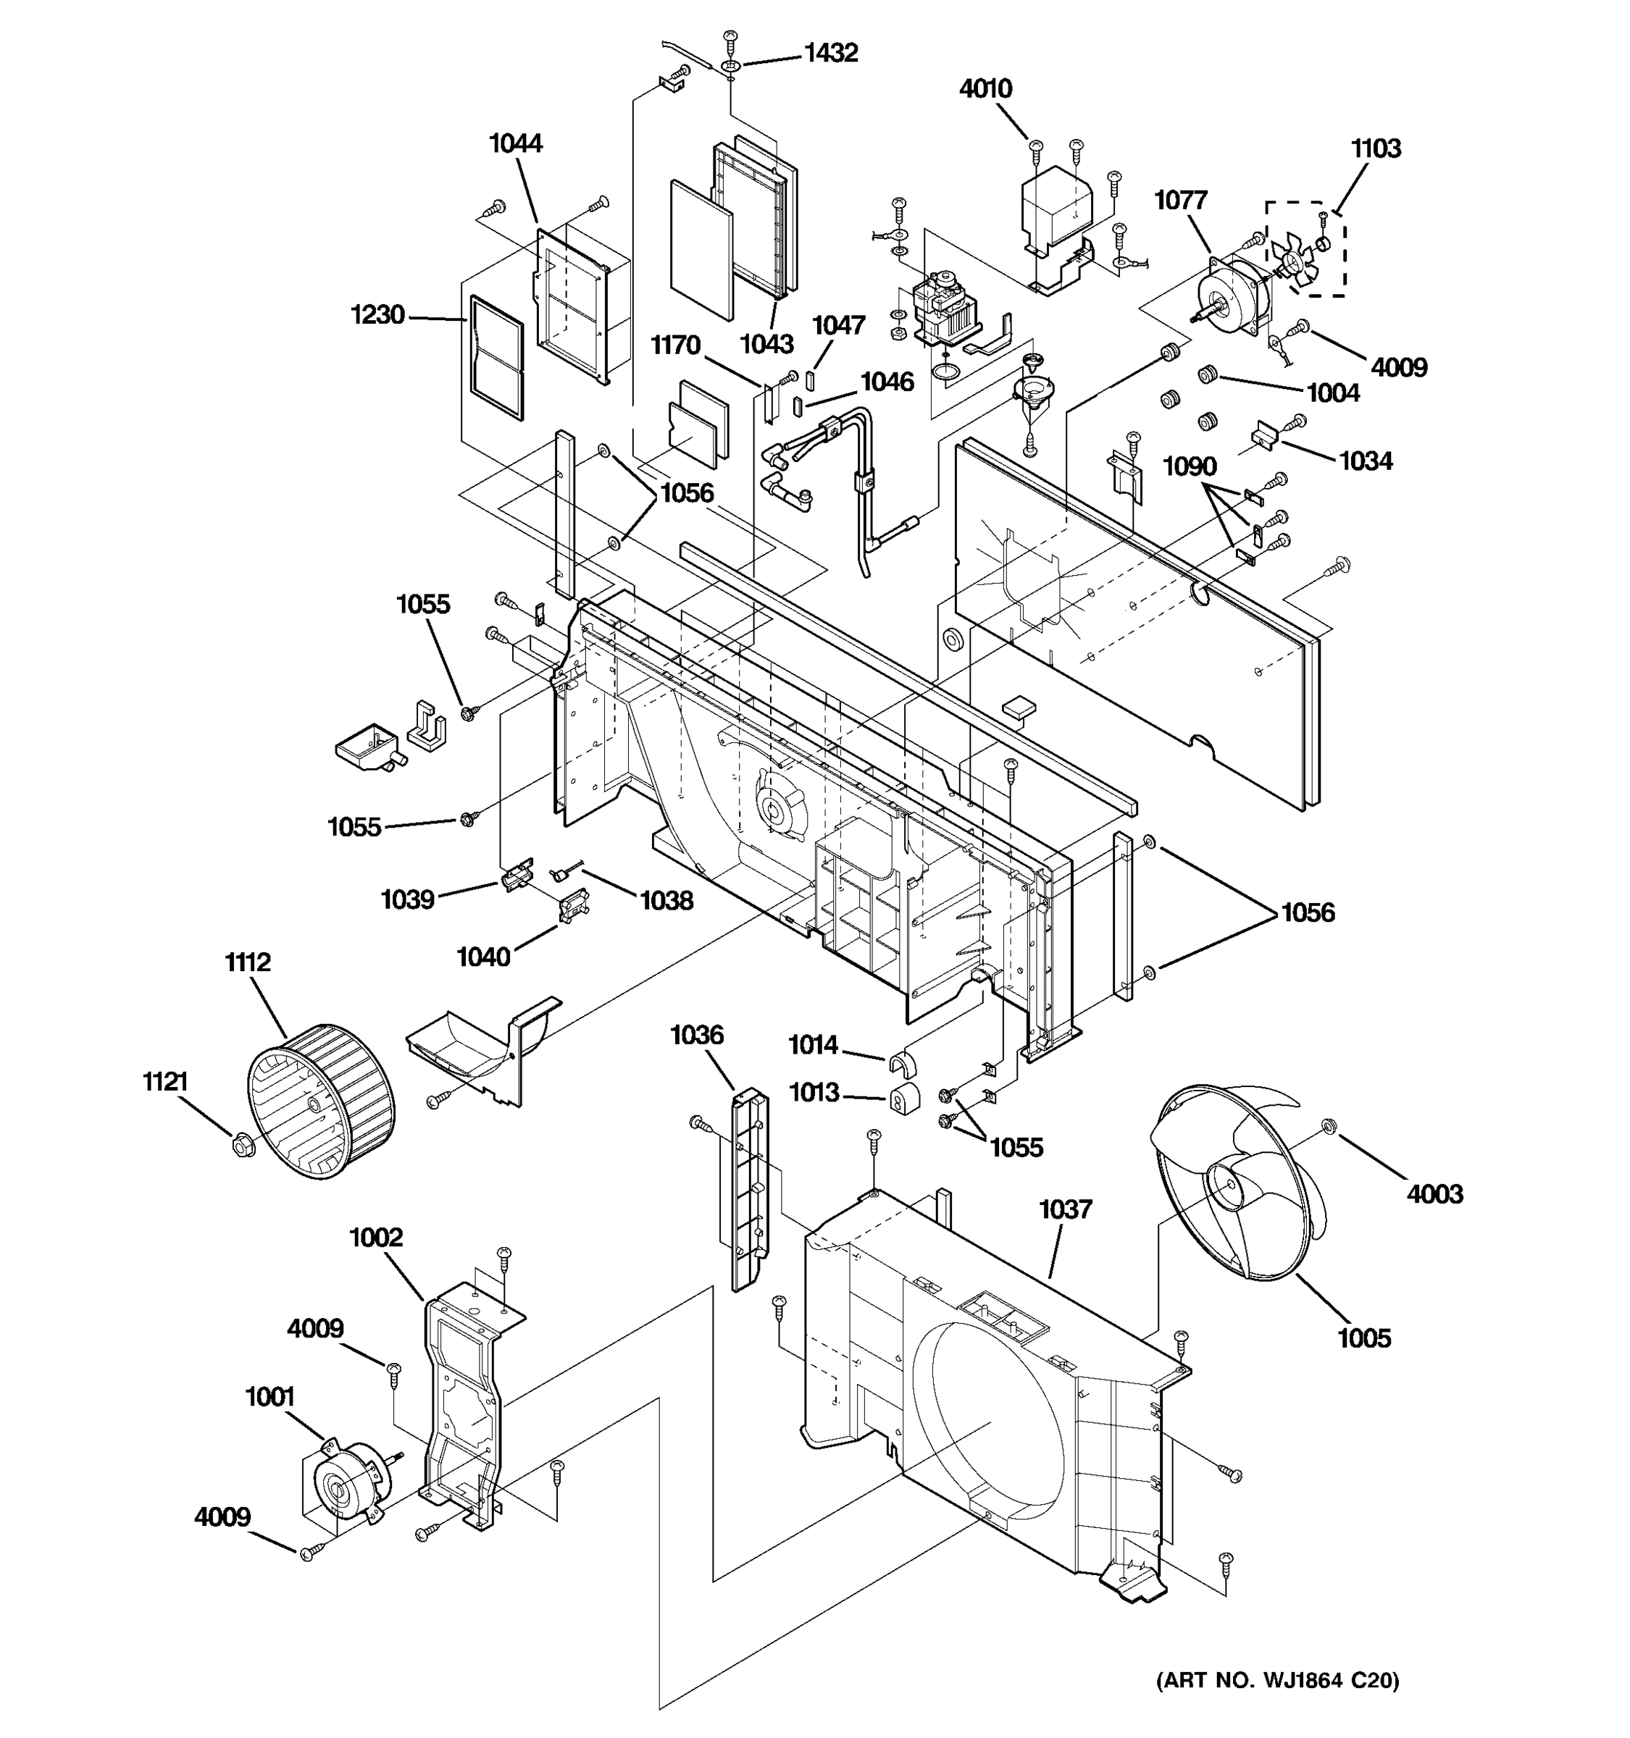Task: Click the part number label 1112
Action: pyautogui.click(x=248, y=962)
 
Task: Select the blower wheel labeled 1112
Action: pyautogui.click(x=321, y=1101)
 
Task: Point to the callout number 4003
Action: pyautogui.click(x=1434, y=1193)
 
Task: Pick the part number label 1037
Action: pyautogui.click(x=1065, y=1210)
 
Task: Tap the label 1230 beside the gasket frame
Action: pyautogui.click(x=377, y=315)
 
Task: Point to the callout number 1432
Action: pyautogui.click(x=831, y=54)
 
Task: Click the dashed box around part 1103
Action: pyautogui.click(x=1305, y=248)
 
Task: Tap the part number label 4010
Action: pyautogui.click(x=985, y=89)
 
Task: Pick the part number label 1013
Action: pyautogui.click(x=814, y=1093)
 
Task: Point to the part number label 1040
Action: pyautogui.click(x=484, y=957)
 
